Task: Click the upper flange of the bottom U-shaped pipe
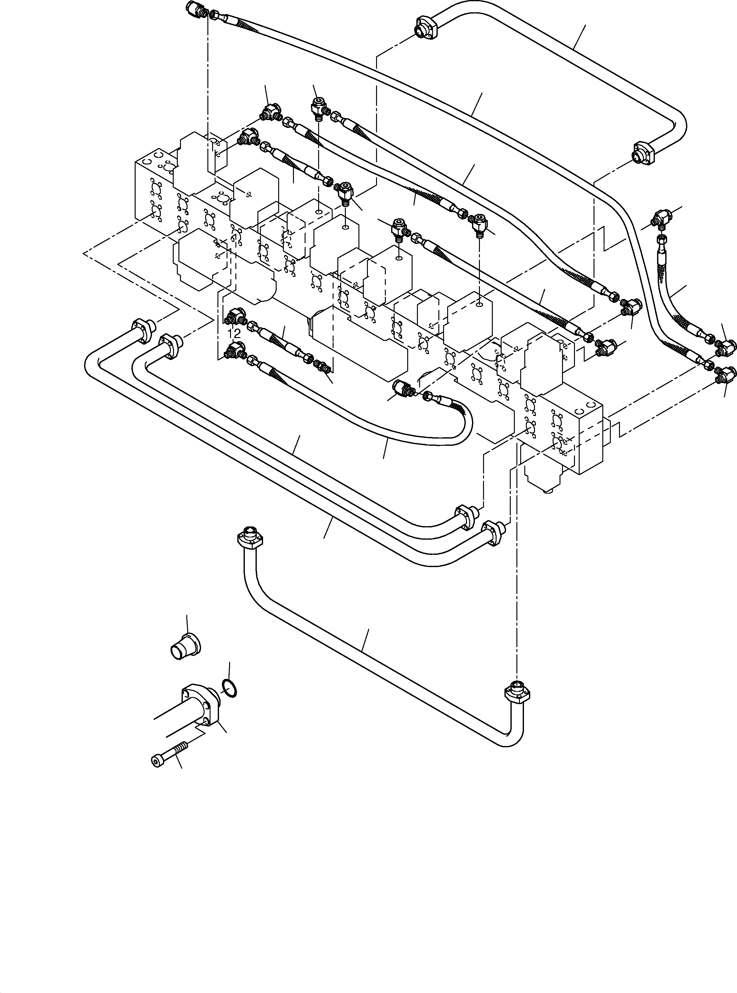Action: (249, 537)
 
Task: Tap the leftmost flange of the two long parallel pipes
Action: (143, 331)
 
